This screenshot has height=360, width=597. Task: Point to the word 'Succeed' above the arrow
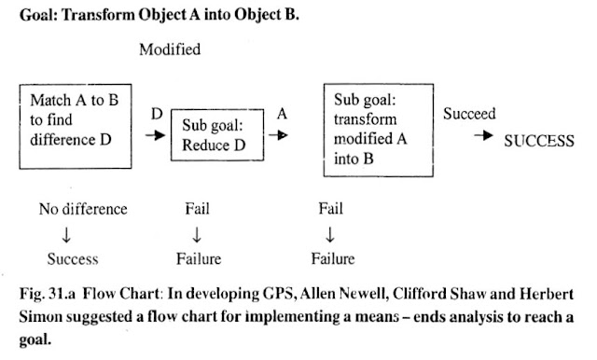(x=470, y=115)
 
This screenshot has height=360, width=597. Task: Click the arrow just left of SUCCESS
(x=483, y=137)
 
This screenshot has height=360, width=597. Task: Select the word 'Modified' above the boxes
(x=170, y=49)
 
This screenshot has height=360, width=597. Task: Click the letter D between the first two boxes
(x=156, y=114)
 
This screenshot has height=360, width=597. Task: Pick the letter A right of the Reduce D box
(x=281, y=114)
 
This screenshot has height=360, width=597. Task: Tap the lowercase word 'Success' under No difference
(x=73, y=257)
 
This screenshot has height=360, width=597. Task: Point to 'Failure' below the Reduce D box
(x=198, y=257)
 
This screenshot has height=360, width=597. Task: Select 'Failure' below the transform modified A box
(x=332, y=257)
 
